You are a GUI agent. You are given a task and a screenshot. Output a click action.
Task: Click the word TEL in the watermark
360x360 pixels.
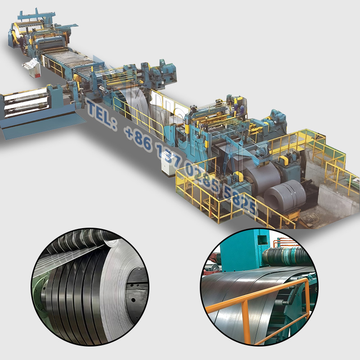click(x=100, y=112)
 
